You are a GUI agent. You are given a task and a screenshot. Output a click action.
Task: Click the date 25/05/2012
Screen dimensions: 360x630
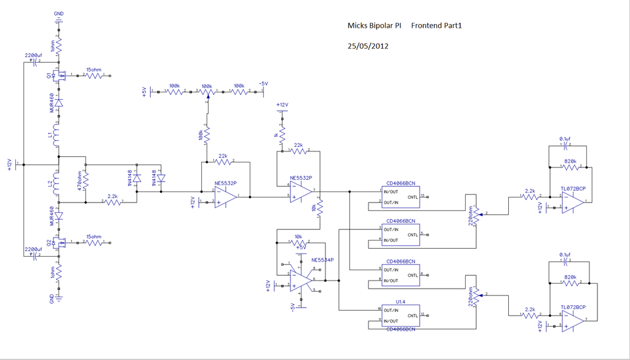click(x=367, y=46)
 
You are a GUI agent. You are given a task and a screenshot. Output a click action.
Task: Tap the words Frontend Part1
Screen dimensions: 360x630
click(x=436, y=26)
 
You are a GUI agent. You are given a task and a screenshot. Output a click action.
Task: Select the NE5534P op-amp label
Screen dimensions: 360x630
click(x=322, y=260)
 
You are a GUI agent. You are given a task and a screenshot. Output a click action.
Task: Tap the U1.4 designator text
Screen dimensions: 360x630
click(x=401, y=302)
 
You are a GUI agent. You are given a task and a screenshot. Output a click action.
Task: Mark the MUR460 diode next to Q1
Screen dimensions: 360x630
click(x=58, y=104)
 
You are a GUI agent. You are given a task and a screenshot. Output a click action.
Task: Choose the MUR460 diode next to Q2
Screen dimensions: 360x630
click(x=58, y=217)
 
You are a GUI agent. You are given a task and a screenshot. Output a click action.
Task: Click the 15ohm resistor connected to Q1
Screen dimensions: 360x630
click(x=95, y=76)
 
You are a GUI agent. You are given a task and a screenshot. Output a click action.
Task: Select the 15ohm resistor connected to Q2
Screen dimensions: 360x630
click(x=95, y=243)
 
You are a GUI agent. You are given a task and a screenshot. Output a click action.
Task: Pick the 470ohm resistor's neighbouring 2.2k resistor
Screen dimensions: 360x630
click(x=113, y=201)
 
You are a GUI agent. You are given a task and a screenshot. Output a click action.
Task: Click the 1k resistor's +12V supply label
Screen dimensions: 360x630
click(x=282, y=105)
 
